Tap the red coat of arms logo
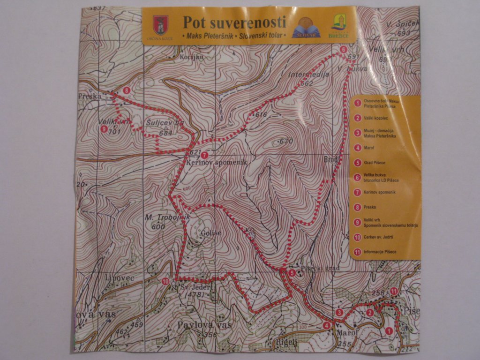point(160,25)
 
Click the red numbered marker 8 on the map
point(126,90)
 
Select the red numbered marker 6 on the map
point(343,49)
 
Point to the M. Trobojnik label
point(160,217)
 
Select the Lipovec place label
point(120,278)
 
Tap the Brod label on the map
point(331,159)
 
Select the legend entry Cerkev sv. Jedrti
point(378,237)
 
